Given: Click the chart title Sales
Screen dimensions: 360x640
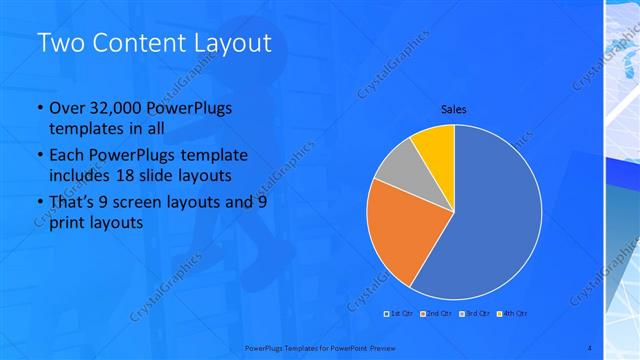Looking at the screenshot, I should [x=454, y=110].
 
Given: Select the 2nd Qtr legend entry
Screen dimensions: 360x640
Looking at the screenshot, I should [x=438, y=314].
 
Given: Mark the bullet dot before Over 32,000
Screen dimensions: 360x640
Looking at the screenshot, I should [x=39, y=108].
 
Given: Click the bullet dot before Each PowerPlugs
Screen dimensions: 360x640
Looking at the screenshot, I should [x=39, y=156].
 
